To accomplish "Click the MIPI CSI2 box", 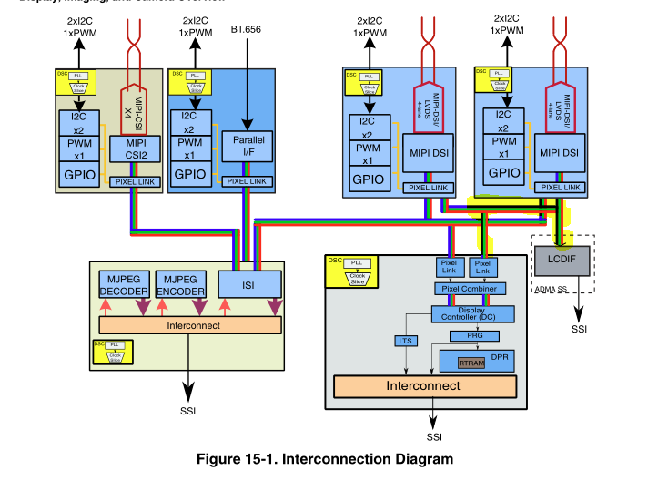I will (x=135, y=148).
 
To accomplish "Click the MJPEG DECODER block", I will (x=123, y=285).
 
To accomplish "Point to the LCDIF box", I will (x=562, y=260).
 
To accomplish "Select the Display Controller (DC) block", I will (x=471, y=313).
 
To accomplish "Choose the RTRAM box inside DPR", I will (x=471, y=362).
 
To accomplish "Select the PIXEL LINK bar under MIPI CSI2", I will (x=136, y=182).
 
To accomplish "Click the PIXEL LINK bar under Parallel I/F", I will (x=248, y=181).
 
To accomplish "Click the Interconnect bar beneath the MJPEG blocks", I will (x=191, y=324).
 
